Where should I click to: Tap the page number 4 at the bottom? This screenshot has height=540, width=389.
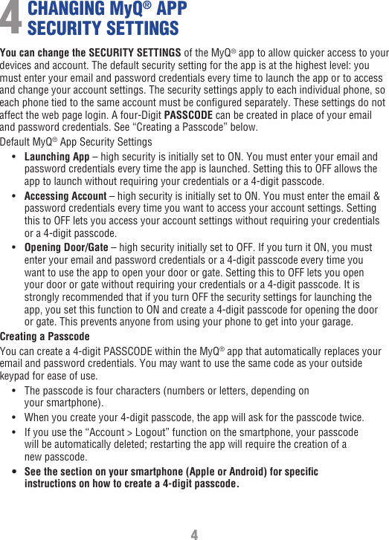coord(194,535)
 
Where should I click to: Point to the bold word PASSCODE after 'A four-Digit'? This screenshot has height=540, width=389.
coord(187,115)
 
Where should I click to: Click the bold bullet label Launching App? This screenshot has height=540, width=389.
coord(57,157)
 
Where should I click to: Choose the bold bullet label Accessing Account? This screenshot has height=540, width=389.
coord(65,196)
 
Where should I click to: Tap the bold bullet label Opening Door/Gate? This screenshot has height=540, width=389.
coord(66,247)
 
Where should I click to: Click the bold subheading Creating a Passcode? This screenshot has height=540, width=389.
coord(45,336)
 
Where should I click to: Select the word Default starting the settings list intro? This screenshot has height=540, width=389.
coord(16,141)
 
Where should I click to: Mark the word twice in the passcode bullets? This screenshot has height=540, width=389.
coord(351,417)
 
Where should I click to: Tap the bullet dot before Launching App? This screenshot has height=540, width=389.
coord(16,157)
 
